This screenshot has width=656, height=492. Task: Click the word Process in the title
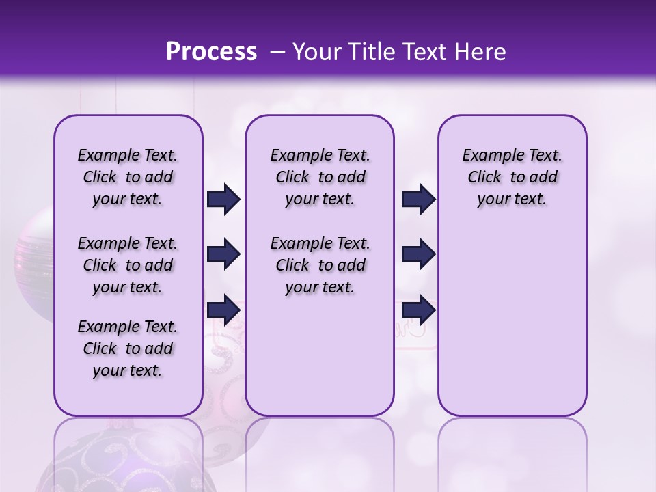coord(211,52)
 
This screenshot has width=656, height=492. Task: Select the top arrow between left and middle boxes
coord(223,200)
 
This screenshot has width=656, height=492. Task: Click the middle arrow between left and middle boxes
coord(223,254)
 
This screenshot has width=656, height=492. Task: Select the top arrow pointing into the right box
coord(418,200)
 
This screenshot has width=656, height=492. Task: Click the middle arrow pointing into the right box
coord(418,254)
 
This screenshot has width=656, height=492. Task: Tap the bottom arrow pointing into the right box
coord(418,310)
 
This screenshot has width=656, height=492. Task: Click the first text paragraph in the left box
coord(128,178)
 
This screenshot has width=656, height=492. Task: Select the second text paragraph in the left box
coord(128,265)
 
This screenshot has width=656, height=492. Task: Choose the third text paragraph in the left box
coord(128,348)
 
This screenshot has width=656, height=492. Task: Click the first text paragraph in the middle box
coord(320,178)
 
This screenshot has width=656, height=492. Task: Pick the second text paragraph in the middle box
coord(320,265)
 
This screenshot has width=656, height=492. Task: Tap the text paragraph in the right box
coord(512,178)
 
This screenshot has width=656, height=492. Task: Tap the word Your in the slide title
coord(318,52)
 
